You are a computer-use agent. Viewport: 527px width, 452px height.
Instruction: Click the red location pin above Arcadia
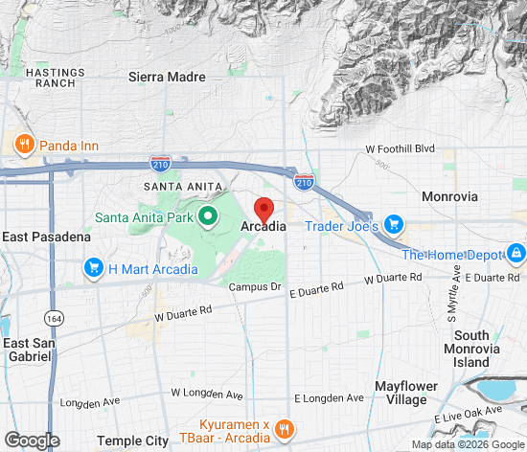[x=263, y=208]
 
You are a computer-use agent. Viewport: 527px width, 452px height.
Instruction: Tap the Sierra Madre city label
[x=166, y=77]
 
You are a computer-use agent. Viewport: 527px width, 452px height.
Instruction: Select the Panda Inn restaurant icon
[x=25, y=145]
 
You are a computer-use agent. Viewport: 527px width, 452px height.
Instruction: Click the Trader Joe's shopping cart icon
[x=393, y=226]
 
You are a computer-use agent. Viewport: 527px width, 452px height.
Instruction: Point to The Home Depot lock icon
[x=516, y=254]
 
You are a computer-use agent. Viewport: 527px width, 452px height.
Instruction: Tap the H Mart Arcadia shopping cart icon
[x=93, y=268]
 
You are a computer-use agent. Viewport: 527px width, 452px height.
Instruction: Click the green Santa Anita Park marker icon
[x=205, y=217]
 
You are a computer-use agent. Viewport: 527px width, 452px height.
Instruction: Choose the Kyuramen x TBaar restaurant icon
[x=283, y=428]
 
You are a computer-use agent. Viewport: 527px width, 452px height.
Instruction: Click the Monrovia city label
[x=449, y=196]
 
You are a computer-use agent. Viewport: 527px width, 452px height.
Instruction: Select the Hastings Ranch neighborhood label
[x=51, y=78]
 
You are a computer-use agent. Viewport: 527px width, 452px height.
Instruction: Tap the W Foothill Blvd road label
[x=401, y=149]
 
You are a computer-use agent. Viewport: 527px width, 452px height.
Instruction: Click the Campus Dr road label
[x=253, y=286]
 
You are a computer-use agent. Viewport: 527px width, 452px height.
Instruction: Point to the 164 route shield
[x=52, y=316]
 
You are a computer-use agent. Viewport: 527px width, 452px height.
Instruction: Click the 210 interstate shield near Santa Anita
[x=161, y=166]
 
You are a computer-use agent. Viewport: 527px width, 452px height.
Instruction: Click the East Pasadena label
[x=46, y=237]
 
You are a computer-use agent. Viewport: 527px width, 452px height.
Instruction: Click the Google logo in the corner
[x=31, y=440]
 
